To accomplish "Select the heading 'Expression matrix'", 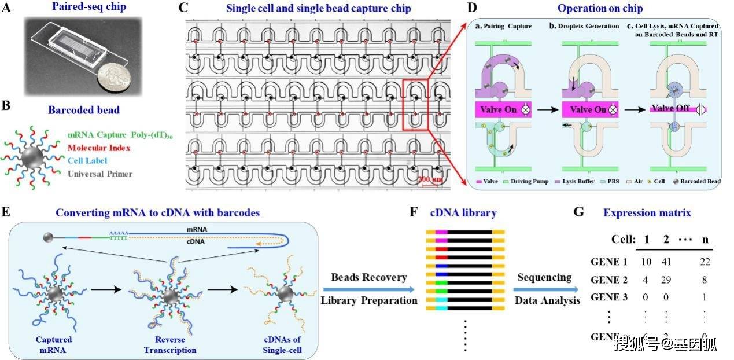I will (x=647, y=213).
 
